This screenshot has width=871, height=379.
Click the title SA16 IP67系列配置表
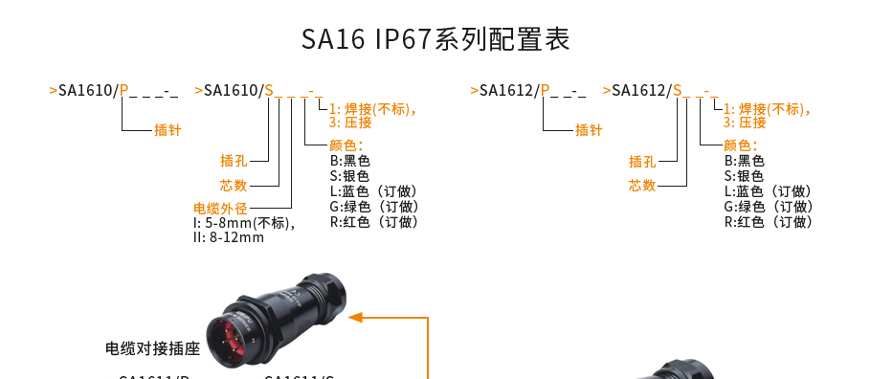(x=435, y=39)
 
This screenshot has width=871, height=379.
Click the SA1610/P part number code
(x=114, y=91)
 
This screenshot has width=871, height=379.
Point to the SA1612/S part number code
(x=660, y=91)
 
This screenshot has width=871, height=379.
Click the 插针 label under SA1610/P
(x=167, y=130)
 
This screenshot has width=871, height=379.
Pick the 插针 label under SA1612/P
(x=588, y=130)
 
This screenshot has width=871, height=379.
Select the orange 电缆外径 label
(x=220, y=209)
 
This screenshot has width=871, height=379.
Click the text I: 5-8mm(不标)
(x=244, y=223)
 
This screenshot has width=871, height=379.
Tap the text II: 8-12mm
(x=228, y=237)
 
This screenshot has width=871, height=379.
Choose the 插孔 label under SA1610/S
(x=234, y=161)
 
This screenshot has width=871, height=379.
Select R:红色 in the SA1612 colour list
(x=768, y=222)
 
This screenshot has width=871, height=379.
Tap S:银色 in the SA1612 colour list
(x=744, y=176)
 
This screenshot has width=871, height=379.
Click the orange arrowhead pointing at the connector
(x=355, y=317)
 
